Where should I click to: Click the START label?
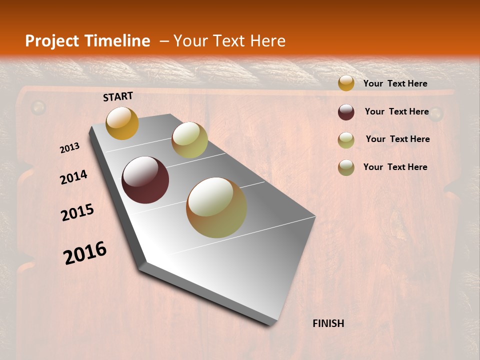pyautogui.click(x=118, y=96)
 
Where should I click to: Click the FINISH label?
pyautogui.click(x=328, y=323)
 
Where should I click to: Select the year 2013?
pyautogui.click(x=69, y=148)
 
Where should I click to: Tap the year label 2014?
pyautogui.click(x=73, y=177)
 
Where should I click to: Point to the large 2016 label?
pyautogui.click(x=85, y=253)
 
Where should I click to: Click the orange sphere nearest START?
pyautogui.click(x=122, y=123)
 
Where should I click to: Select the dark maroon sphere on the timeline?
pyautogui.click(x=145, y=180)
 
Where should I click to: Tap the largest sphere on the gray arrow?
pyautogui.click(x=216, y=207)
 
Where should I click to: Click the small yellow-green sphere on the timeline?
pyautogui.click(x=189, y=140)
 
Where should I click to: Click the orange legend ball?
pyautogui.click(x=346, y=83)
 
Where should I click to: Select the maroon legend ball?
pyautogui.click(x=346, y=112)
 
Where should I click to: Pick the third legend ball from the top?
pyautogui.click(x=346, y=140)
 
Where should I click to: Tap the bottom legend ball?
pyautogui.click(x=346, y=167)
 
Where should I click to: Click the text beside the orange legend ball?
pyautogui.click(x=395, y=83)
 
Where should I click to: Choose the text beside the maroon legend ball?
pyautogui.click(x=396, y=111)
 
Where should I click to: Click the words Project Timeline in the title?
pyautogui.click(x=87, y=41)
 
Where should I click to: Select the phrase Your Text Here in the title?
pyautogui.click(x=229, y=41)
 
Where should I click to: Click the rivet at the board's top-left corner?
pyautogui.click(x=38, y=107)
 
